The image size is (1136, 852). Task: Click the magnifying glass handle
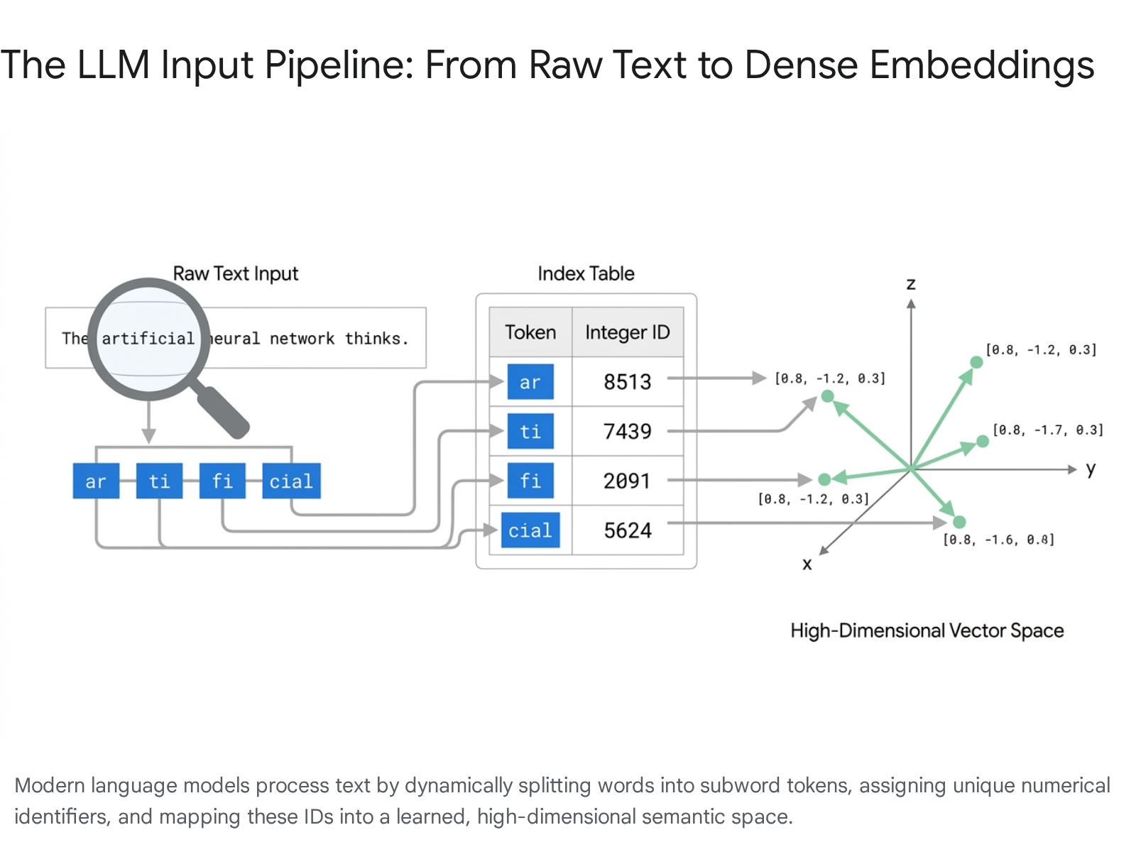(x=222, y=412)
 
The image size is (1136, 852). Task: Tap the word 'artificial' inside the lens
(x=148, y=339)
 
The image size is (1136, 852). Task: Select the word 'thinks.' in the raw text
(x=377, y=339)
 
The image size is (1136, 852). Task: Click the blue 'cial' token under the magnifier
(x=291, y=481)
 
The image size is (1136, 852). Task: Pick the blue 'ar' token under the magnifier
(x=97, y=481)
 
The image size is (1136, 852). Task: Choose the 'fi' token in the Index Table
(x=530, y=481)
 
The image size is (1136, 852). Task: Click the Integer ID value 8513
(x=627, y=382)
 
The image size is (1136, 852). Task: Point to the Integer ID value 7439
(x=627, y=432)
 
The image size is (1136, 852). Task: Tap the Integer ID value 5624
(x=628, y=530)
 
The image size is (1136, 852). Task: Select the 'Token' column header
(x=530, y=332)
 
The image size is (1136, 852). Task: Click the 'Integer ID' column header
(x=627, y=332)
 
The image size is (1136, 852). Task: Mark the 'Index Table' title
(x=586, y=273)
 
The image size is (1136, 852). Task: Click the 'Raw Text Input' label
(x=236, y=273)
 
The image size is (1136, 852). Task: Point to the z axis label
(x=912, y=284)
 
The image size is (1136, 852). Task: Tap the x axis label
(x=807, y=564)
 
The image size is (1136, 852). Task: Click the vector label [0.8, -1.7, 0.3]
(x=1048, y=430)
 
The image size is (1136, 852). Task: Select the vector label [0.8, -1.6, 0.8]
(x=998, y=540)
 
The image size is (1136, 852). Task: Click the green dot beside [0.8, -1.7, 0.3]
(x=983, y=442)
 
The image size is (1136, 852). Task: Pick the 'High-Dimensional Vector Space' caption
(x=927, y=630)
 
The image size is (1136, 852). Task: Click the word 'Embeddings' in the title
(x=982, y=65)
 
